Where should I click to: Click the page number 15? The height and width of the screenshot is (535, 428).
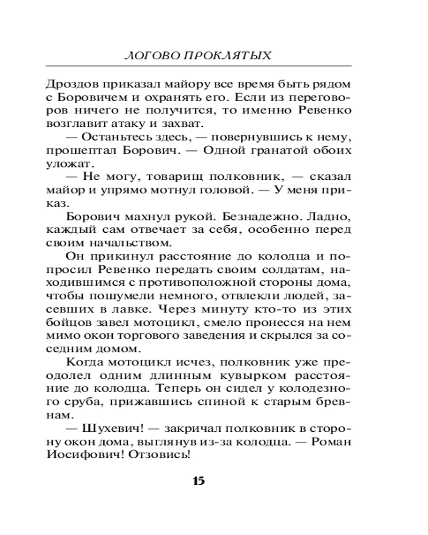(x=198, y=480)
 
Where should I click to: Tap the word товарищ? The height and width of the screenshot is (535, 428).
(x=170, y=177)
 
